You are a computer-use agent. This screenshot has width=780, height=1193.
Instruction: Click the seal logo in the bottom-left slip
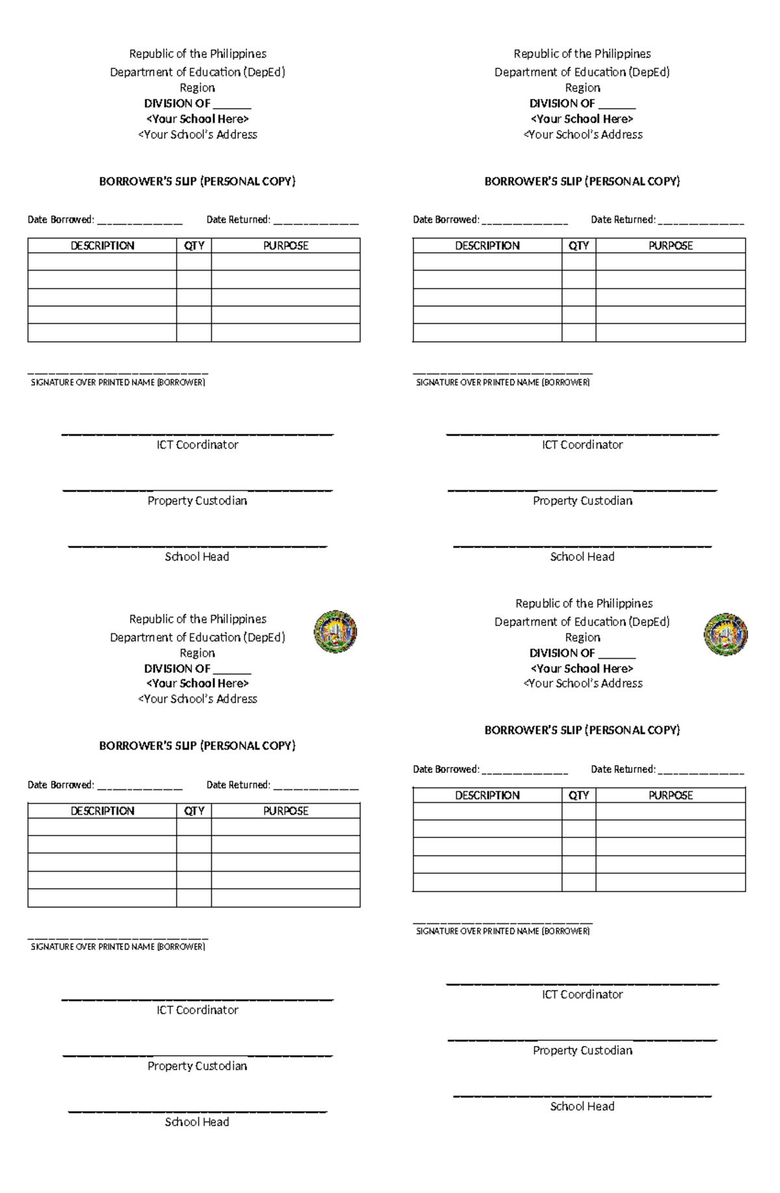click(335, 631)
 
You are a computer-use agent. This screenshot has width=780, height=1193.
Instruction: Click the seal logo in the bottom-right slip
click(725, 634)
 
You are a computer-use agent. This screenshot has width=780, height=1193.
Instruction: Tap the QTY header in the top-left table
click(194, 246)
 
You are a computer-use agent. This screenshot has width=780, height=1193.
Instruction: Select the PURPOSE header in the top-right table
click(670, 246)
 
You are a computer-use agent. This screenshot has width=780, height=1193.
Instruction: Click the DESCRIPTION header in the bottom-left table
click(102, 811)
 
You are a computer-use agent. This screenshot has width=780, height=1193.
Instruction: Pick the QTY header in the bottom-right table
click(578, 795)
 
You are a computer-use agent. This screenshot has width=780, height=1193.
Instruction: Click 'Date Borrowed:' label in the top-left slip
click(60, 220)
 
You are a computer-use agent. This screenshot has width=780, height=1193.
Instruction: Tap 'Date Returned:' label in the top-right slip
click(623, 220)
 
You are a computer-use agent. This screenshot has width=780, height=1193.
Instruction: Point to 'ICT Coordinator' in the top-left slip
click(197, 445)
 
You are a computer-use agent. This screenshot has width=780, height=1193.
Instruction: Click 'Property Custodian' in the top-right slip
click(582, 501)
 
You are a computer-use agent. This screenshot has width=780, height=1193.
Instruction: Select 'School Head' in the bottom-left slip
click(197, 1121)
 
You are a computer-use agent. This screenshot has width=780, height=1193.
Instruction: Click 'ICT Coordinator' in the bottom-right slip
click(582, 994)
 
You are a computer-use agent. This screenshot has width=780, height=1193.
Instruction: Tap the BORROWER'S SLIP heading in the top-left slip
click(197, 181)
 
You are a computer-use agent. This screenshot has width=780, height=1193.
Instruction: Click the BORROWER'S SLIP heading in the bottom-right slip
click(582, 730)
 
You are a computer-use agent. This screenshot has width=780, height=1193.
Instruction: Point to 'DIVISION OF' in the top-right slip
click(562, 103)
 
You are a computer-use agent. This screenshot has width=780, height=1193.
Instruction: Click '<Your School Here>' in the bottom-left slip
click(197, 683)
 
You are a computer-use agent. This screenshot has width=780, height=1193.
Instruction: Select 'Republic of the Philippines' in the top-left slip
click(197, 54)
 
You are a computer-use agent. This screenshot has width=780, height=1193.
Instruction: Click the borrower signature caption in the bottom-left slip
click(118, 947)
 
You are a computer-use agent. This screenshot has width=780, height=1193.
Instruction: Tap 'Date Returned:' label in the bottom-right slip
click(623, 769)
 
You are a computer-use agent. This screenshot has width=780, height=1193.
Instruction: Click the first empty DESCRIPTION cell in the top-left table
click(102, 262)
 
